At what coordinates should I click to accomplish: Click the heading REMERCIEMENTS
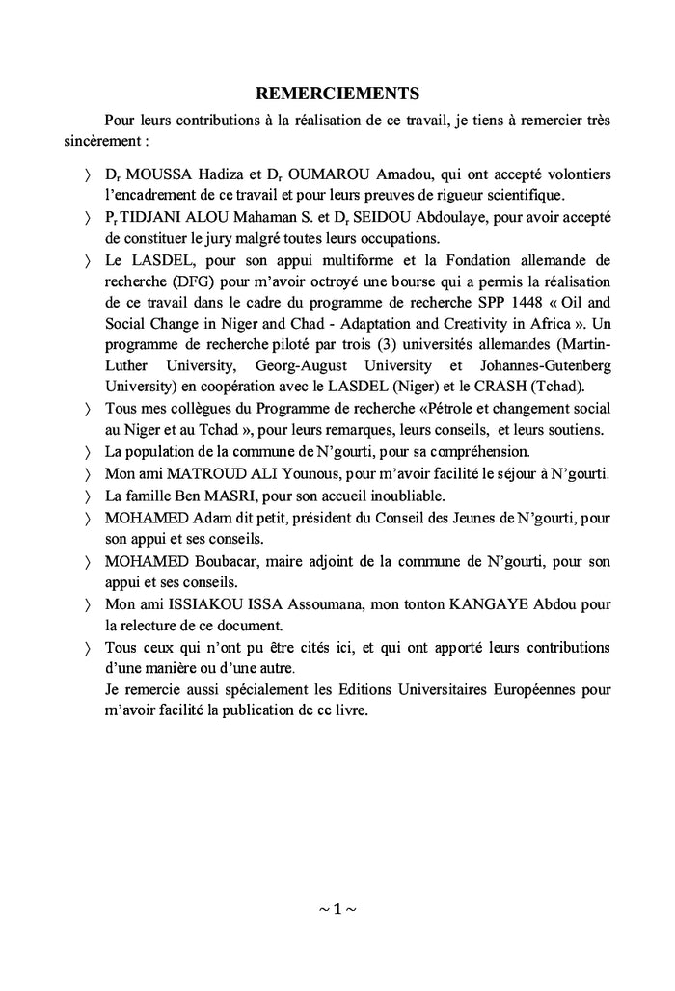pyautogui.click(x=337, y=94)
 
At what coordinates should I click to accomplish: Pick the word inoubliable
pyautogui.click(x=398, y=495)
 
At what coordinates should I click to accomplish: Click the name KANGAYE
pyautogui.click(x=501, y=603)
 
